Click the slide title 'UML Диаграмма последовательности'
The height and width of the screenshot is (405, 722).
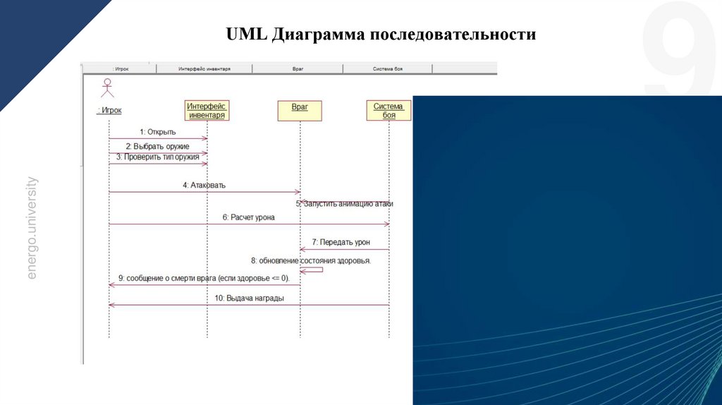click(381, 35)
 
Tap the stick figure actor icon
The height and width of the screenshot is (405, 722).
click(107, 87)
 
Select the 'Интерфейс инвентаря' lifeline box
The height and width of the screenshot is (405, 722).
click(207, 110)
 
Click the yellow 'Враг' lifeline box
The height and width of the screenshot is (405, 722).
click(299, 110)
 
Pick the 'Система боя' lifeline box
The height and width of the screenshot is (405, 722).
click(388, 110)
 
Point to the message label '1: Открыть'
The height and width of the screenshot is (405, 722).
click(157, 131)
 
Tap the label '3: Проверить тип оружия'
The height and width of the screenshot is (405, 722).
click(158, 157)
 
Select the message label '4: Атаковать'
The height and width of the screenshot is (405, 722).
click(204, 186)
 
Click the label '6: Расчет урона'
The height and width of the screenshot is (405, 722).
click(248, 217)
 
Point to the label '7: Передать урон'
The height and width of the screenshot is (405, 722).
click(341, 242)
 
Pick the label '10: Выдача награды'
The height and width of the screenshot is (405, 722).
click(250, 298)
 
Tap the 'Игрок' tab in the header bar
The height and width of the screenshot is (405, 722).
click(120, 69)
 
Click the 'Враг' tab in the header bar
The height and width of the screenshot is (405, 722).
click(298, 69)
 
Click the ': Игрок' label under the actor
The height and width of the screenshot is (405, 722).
click(109, 110)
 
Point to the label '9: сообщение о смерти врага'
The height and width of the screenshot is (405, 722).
click(203, 278)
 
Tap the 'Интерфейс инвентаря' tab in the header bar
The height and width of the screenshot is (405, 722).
click(204, 69)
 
